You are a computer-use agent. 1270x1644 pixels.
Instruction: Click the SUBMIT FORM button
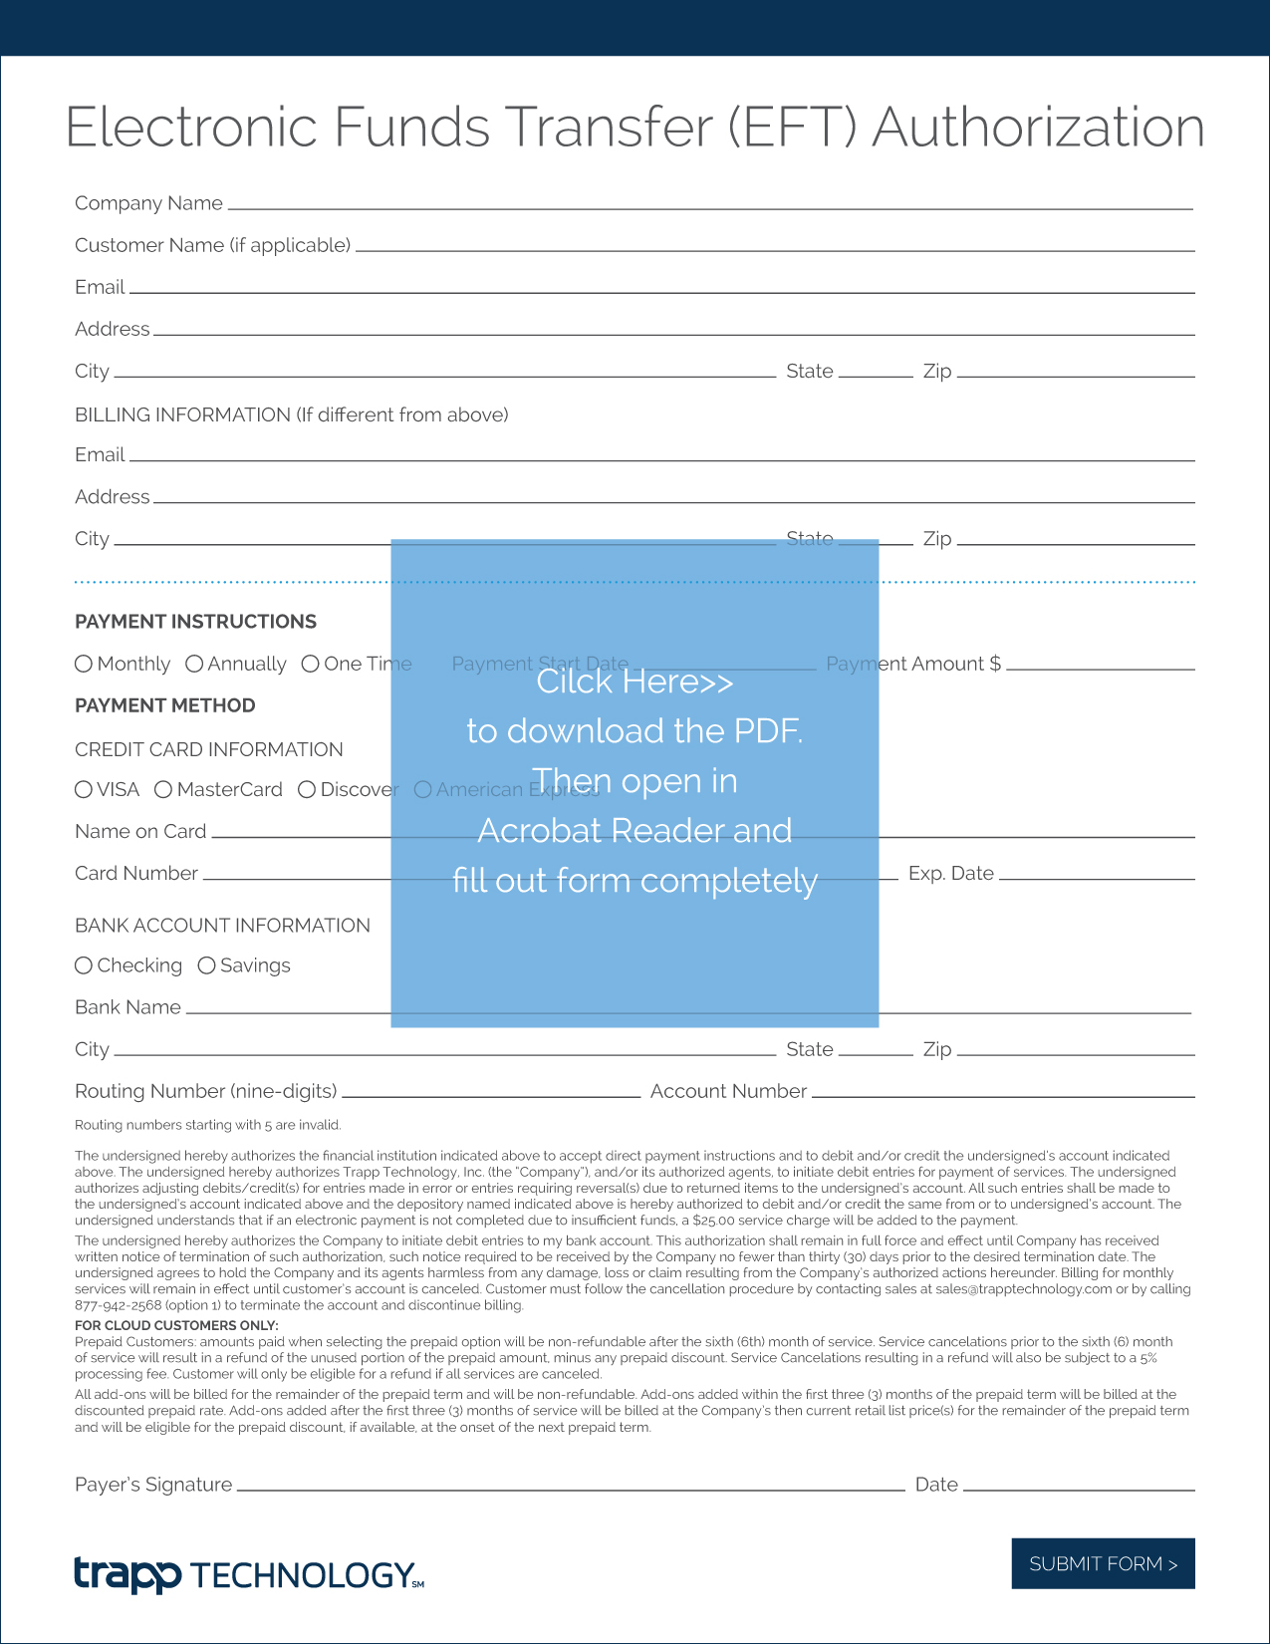click(x=1103, y=1563)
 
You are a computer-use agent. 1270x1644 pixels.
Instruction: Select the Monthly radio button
click(x=84, y=664)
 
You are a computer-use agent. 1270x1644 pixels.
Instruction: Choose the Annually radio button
click(x=194, y=664)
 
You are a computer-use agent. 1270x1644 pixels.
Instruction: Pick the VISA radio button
click(x=84, y=789)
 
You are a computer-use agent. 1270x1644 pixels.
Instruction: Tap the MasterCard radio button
click(x=163, y=789)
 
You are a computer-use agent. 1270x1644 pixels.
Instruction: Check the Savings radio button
click(x=206, y=965)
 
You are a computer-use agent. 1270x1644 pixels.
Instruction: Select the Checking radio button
click(x=84, y=965)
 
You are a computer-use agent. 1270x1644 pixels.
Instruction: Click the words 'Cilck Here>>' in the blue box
click(x=635, y=682)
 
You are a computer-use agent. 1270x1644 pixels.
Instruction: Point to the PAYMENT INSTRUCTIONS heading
click(x=195, y=622)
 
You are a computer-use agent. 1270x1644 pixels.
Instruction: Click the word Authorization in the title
click(x=1038, y=128)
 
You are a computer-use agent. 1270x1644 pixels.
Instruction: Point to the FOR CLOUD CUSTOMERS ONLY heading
click(x=176, y=1325)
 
